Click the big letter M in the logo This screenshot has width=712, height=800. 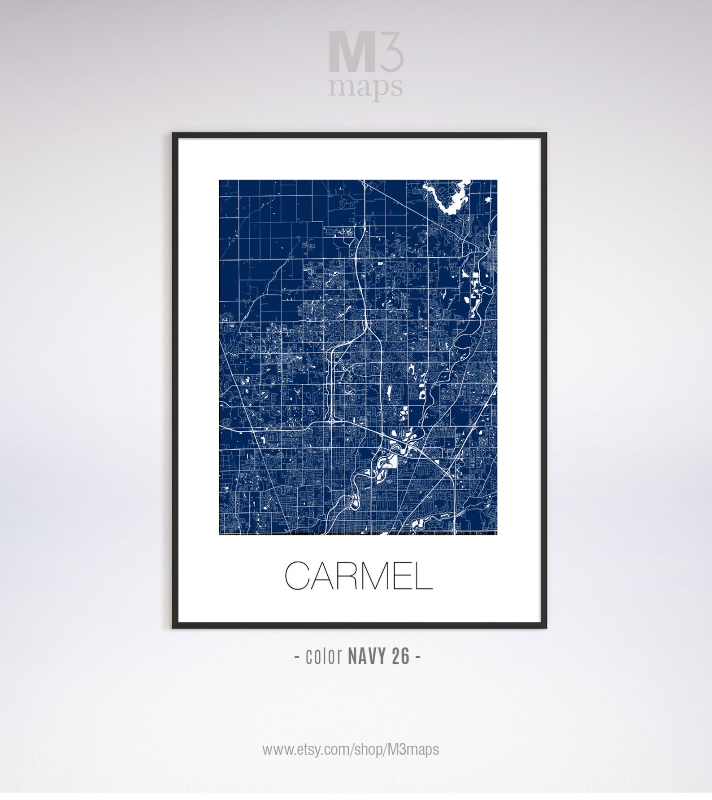[x=352, y=52]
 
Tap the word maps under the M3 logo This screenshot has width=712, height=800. [x=365, y=87]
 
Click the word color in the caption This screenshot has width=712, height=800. [x=324, y=656]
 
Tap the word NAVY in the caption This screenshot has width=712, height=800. [x=367, y=656]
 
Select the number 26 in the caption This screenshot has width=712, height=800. [x=401, y=656]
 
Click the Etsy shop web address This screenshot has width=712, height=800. [x=351, y=749]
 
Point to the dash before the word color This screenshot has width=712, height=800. [x=297, y=657]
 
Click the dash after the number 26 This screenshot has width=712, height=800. [x=417, y=657]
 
